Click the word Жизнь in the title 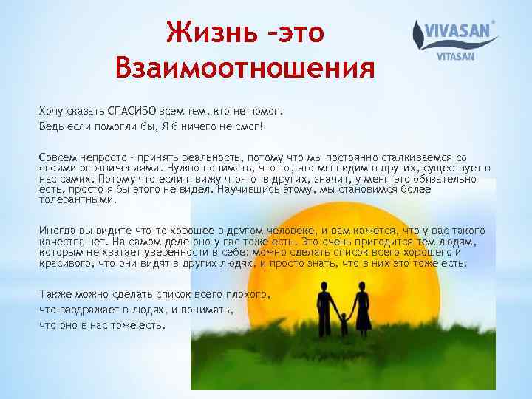(200, 32)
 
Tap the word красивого (66, 263)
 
